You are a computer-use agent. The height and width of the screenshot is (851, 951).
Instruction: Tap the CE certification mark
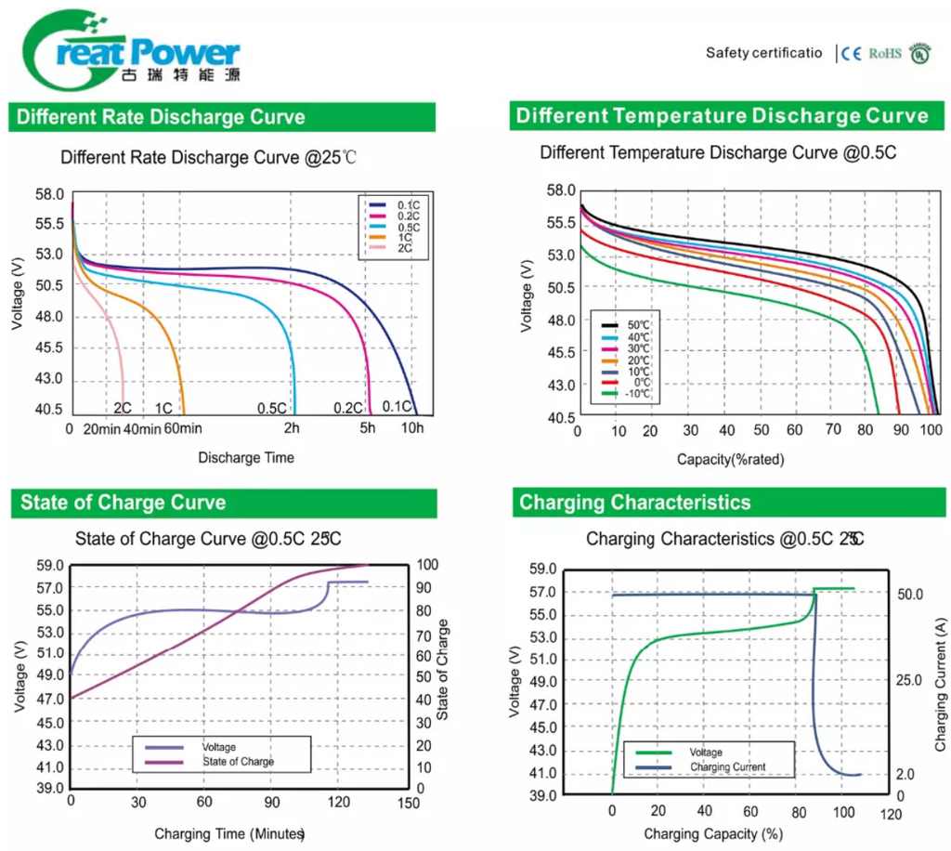(852, 54)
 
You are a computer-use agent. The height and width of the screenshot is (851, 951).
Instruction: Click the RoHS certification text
(885, 54)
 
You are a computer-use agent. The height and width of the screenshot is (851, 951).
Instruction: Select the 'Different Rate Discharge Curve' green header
(160, 118)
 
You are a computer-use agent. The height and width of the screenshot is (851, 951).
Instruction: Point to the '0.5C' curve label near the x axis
(271, 408)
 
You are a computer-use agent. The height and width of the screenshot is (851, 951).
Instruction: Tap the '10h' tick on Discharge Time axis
(411, 428)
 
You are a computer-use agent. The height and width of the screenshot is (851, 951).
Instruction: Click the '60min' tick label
(182, 428)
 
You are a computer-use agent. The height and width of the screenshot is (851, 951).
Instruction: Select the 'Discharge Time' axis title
(245, 457)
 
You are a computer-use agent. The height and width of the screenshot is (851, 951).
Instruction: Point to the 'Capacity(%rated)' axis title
(730, 459)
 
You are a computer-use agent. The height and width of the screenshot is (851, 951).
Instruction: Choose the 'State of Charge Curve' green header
(123, 504)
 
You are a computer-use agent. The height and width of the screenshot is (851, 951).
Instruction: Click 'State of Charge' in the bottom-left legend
(238, 762)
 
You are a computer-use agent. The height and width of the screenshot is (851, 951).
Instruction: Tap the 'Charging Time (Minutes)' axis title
(229, 834)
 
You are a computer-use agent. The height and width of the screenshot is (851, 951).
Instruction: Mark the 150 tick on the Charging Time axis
(406, 802)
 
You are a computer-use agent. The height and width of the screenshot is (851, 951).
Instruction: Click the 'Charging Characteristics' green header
(635, 504)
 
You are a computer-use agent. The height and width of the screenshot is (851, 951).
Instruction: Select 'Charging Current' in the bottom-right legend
(728, 767)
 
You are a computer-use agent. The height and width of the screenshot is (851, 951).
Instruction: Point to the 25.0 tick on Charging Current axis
(909, 680)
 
